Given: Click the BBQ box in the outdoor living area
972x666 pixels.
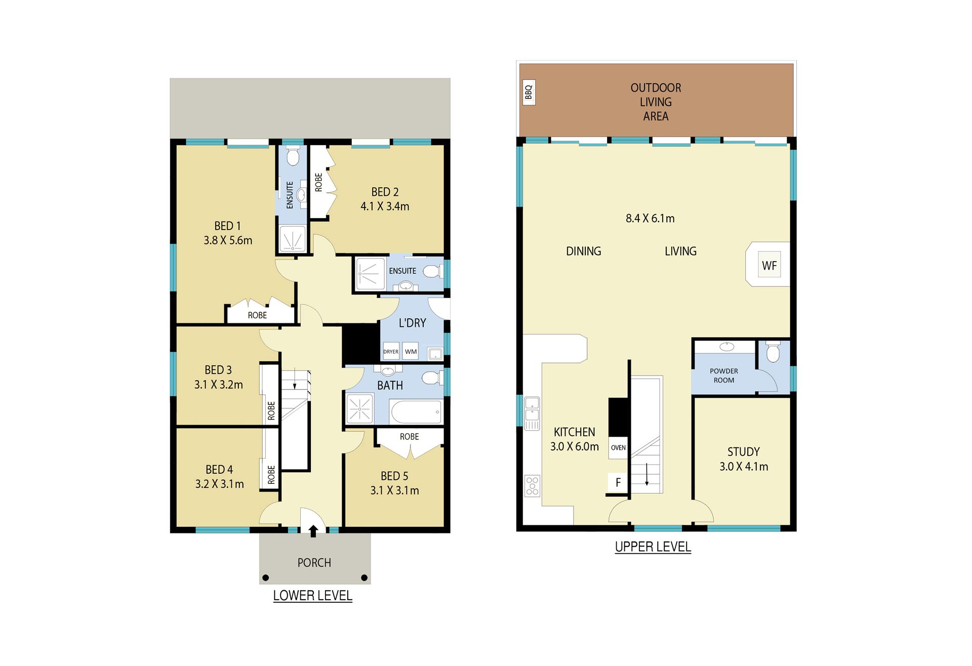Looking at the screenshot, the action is [529, 93].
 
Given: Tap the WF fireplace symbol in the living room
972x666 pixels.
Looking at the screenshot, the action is [769, 264].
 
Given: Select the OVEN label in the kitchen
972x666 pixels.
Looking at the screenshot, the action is [618, 447].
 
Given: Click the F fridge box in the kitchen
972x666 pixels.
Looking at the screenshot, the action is [618, 483].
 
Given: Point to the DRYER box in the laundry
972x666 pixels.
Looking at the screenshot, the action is [391, 351].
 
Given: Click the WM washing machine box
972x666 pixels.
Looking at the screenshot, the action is [411, 351].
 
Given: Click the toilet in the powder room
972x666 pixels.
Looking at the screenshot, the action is [773, 352].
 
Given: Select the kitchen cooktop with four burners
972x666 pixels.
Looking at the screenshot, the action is [532, 485].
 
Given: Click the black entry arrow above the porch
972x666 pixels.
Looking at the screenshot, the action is [313, 530].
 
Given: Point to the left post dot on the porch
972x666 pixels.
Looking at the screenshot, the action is [266, 577].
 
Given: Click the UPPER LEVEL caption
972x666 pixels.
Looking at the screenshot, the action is [653, 547].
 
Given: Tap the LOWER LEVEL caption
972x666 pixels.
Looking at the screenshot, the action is [312, 596].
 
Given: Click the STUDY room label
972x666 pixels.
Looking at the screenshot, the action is [743, 451].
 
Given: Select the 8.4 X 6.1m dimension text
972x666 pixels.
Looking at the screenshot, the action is [650, 218].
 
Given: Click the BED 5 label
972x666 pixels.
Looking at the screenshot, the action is [394, 476].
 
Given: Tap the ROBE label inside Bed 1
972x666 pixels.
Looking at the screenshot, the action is [257, 315].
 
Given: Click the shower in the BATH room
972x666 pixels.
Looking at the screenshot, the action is [360, 408].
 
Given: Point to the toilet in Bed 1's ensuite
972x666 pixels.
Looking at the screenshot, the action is [293, 156].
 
